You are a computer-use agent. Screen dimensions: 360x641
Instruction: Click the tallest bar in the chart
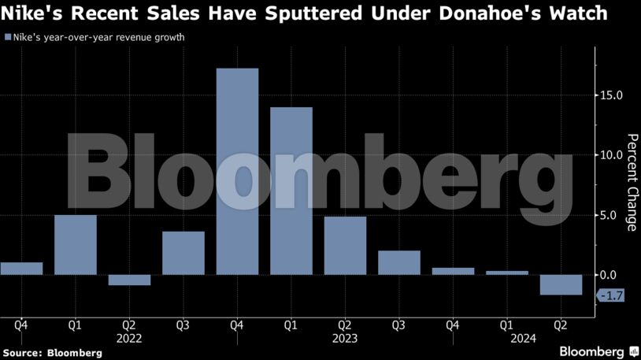coord(237,171)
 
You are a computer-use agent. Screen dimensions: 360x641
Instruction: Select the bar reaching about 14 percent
coord(291,191)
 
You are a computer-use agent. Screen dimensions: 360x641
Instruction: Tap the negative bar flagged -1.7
coord(561,284)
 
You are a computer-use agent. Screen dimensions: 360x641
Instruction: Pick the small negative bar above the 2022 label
coord(129,280)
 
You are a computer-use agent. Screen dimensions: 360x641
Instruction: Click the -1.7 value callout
coord(611,296)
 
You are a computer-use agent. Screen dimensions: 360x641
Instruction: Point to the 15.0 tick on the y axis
coord(611,95)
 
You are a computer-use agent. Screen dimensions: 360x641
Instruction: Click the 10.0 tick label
coord(611,155)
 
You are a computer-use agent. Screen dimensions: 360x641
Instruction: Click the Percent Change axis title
coord(631,183)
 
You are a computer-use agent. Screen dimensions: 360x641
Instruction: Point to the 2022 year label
coord(129,338)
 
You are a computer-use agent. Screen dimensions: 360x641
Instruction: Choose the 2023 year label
coord(345,338)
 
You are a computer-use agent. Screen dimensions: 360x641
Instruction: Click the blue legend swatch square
coord(8,37)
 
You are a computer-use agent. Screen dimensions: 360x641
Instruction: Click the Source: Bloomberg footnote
coord(52,353)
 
